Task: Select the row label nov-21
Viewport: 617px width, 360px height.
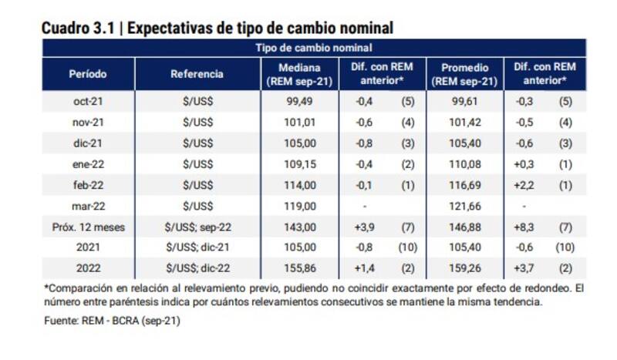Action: click(88, 121)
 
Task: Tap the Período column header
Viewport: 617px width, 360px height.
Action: click(88, 74)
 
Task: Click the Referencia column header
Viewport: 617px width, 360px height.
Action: click(197, 74)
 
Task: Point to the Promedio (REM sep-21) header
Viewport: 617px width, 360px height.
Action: click(464, 74)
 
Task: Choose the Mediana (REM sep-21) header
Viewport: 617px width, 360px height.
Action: click(298, 74)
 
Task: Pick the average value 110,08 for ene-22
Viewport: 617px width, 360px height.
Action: click(463, 163)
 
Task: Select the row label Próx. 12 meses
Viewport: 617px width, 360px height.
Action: click(88, 227)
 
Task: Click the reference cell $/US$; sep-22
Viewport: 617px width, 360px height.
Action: click(197, 227)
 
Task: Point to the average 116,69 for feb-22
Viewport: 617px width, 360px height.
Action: click(463, 185)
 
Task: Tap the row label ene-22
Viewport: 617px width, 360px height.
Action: click(88, 163)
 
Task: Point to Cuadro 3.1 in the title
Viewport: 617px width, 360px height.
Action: click(78, 29)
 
